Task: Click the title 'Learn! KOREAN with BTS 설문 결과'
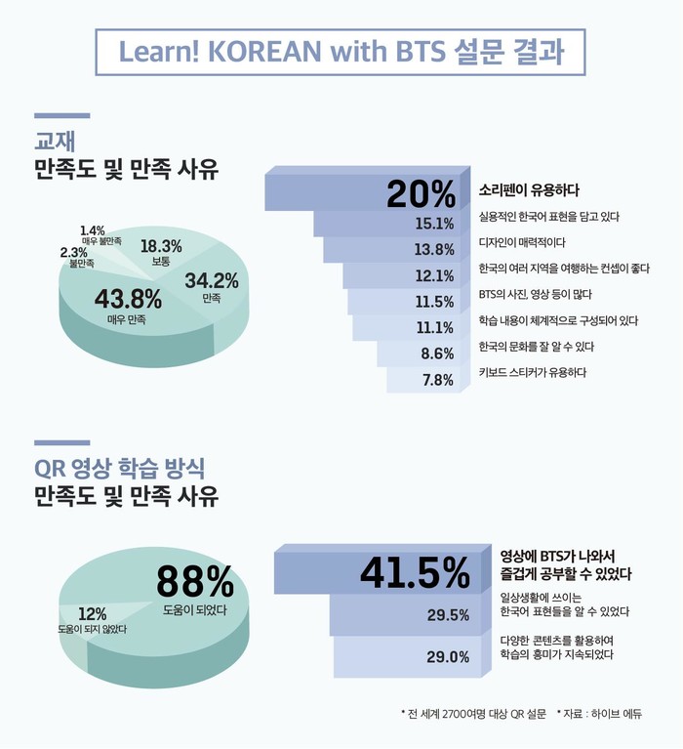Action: tap(341, 51)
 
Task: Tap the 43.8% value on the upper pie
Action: tap(128, 298)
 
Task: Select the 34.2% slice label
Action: tap(212, 281)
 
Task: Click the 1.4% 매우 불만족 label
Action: tap(95, 230)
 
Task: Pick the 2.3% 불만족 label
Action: tap(74, 253)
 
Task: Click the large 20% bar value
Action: tap(421, 193)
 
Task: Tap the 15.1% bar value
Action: tap(434, 224)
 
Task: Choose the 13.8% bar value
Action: tap(434, 250)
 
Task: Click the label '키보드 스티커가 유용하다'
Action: tap(533, 372)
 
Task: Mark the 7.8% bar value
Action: tap(438, 380)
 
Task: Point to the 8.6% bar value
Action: tap(438, 354)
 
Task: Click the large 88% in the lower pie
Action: tap(195, 583)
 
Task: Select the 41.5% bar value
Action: tap(416, 571)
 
